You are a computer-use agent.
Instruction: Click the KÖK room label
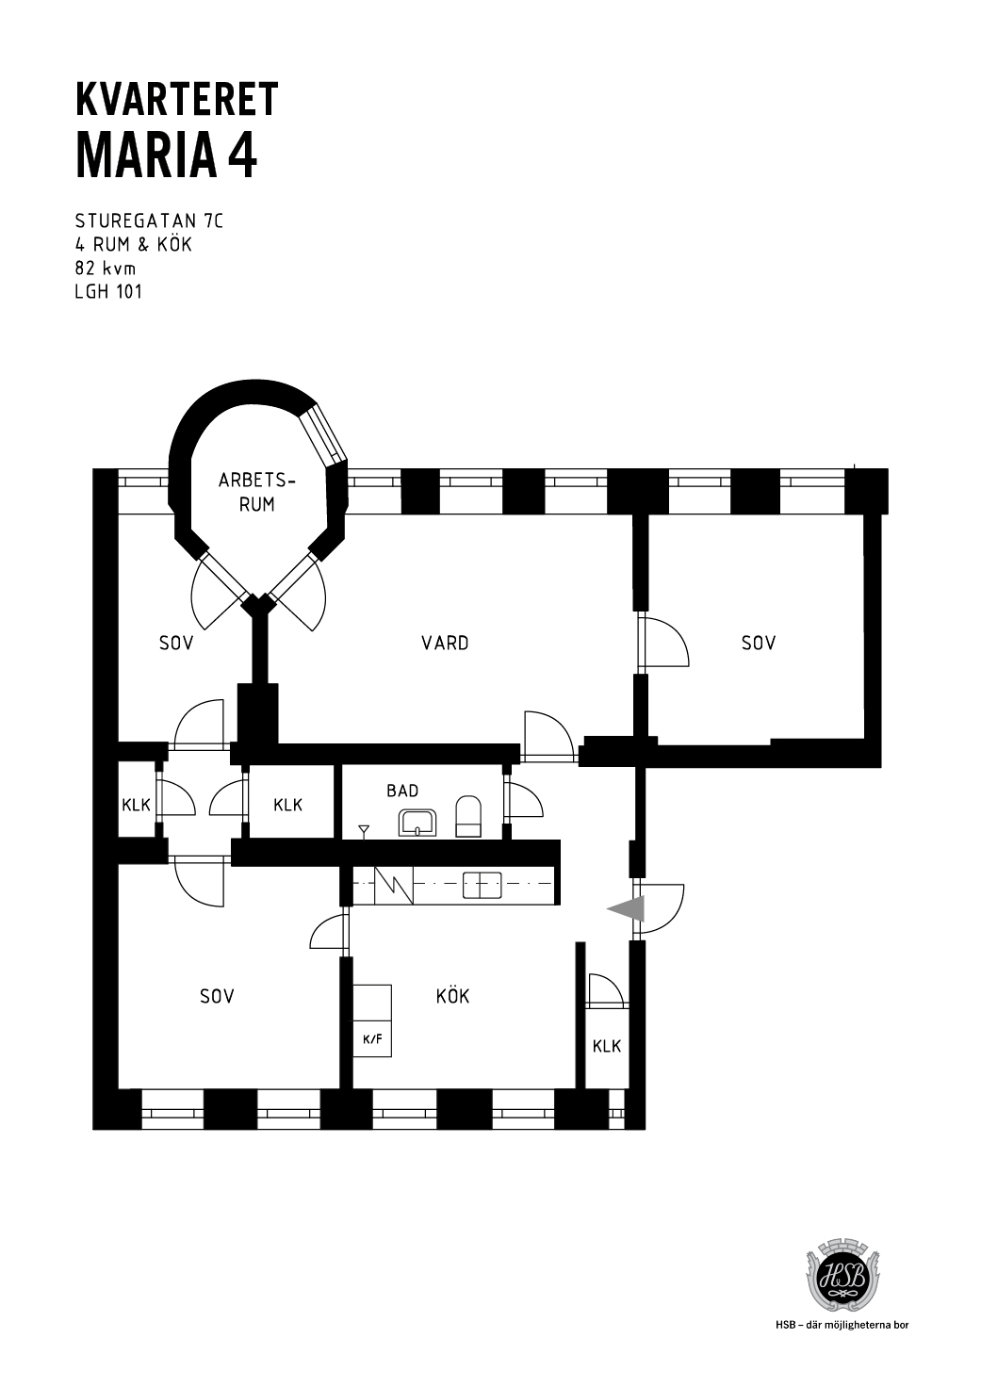452,996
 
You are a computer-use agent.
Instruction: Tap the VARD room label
445,644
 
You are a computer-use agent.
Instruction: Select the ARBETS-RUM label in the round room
256,492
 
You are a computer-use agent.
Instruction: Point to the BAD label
402,791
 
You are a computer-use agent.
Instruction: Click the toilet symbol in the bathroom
468,817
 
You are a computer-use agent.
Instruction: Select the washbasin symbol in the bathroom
418,823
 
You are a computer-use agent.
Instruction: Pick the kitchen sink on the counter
482,885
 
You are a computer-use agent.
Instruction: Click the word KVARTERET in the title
177,99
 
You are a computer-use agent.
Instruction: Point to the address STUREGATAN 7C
149,221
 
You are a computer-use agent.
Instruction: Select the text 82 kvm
106,269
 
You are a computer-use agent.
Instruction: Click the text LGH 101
108,292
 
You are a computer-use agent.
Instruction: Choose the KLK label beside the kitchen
607,1047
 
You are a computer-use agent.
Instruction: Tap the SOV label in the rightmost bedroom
759,644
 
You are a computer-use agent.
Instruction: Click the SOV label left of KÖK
217,996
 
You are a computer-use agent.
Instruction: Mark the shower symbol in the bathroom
364,832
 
